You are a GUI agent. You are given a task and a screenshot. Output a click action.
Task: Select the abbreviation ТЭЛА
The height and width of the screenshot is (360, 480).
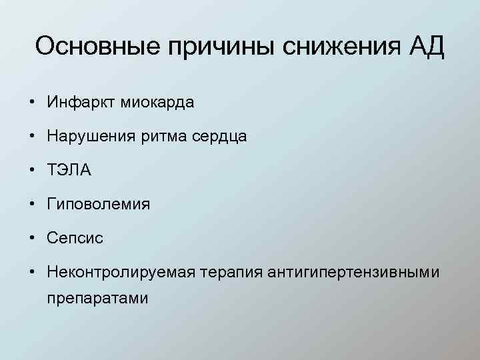[x=69, y=170]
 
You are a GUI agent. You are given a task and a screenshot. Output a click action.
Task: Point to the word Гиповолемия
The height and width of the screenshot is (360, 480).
[x=98, y=204]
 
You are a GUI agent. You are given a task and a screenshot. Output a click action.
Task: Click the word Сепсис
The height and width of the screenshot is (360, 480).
[x=75, y=238]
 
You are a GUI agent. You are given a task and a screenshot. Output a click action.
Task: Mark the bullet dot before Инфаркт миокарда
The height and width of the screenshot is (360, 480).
[x=32, y=103]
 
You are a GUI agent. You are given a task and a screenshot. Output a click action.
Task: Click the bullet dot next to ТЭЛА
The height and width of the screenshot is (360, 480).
[x=32, y=170]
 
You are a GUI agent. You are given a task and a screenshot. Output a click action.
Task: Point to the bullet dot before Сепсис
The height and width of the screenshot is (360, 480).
[x=32, y=238]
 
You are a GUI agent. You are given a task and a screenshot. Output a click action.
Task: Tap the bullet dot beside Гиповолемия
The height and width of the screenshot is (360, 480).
[x=32, y=204]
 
